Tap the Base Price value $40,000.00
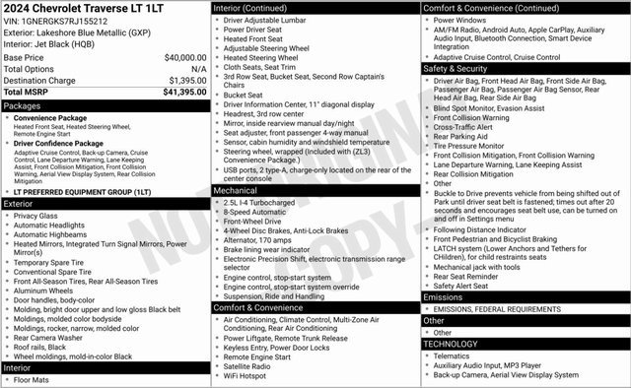click(x=185, y=57)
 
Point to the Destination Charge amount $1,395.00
click(x=187, y=80)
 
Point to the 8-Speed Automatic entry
click(x=256, y=212)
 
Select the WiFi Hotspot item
click(x=245, y=375)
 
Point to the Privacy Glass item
click(x=35, y=215)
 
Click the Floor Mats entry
click(x=32, y=379)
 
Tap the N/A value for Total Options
click(x=198, y=69)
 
